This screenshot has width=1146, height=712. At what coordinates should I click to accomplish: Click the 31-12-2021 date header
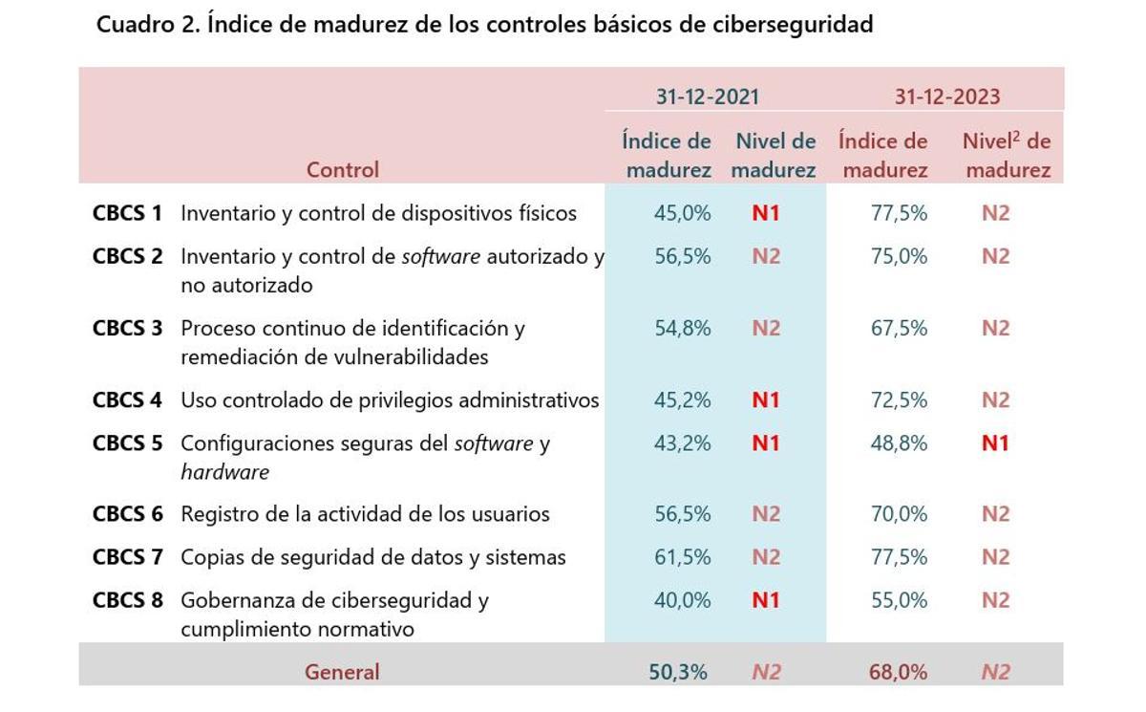(x=707, y=97)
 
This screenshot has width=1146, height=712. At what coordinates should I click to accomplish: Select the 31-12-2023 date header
(x=946, y=97)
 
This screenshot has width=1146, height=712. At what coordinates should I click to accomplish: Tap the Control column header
(x=342, y=169)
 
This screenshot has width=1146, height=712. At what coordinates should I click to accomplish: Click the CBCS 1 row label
(x=127, y=213)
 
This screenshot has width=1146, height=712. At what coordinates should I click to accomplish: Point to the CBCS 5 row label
(x=127, y=443)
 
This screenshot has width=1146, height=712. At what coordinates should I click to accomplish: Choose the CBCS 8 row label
(x=127, y=600)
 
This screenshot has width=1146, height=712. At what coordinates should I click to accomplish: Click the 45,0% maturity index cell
(x=682, y=213)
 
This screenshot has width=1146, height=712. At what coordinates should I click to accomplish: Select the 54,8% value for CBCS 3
(x=682, y=328)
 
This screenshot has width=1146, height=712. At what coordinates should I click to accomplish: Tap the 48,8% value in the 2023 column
(x=899, y=443)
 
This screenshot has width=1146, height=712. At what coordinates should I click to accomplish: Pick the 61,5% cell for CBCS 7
(x=682, y=557)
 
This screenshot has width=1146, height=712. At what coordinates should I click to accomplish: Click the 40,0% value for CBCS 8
(x=682, y=600)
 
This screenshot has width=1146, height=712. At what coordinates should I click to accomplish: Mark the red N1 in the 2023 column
(x=995, y=443)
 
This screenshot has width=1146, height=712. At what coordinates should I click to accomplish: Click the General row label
(x=342, y=672)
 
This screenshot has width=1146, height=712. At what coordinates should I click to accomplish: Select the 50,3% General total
(x=678, y=672)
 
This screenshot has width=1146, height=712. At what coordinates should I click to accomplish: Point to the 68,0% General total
(x=898, y=672)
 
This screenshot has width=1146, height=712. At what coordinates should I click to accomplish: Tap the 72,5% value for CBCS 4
(x=899, y=399)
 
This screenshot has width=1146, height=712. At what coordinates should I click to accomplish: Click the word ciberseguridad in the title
(x=794, y=25)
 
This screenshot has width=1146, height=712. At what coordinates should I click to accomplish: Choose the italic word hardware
(x=224, y=472)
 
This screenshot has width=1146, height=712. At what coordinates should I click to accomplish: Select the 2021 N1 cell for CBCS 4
(x=766, y=399)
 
